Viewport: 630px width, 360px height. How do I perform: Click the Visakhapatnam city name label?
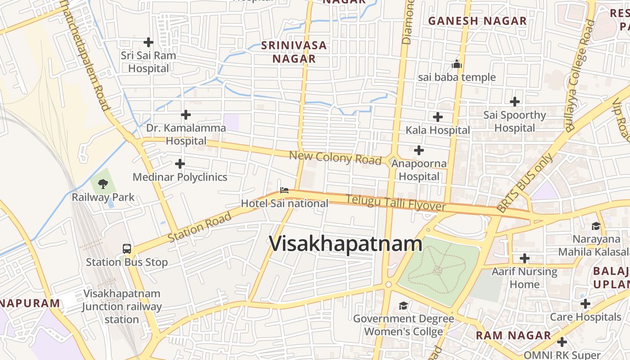[346, 244]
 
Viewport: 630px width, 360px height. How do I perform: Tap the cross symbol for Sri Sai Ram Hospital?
[148, 42]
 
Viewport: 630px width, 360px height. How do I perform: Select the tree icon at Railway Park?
[103, 184]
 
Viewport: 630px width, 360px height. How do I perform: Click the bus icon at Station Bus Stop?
[127, 248]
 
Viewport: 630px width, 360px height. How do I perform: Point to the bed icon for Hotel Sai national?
[284, 190]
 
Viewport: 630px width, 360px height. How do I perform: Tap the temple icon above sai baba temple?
[457, 64]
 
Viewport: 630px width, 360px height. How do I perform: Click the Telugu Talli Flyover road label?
[396, 203]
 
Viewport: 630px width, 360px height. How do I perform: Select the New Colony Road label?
[335, 158]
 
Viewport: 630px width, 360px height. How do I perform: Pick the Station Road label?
[200, 227]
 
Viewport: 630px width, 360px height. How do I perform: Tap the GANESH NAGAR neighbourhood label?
[477, 21]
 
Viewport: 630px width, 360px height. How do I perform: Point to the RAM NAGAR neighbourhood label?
[513, 335]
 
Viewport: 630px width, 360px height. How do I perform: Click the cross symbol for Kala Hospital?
[437, 117]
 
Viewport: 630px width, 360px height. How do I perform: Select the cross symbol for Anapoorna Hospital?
[419, 150]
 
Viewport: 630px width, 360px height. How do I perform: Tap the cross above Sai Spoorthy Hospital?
[515, 102]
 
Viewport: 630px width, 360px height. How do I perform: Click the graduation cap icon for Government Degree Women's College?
[403, 306]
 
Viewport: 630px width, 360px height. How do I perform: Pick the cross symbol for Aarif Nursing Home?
[524, 258]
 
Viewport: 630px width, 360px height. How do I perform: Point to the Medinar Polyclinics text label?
[180, 177]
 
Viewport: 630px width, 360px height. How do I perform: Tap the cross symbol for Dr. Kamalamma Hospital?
[186, 115]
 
